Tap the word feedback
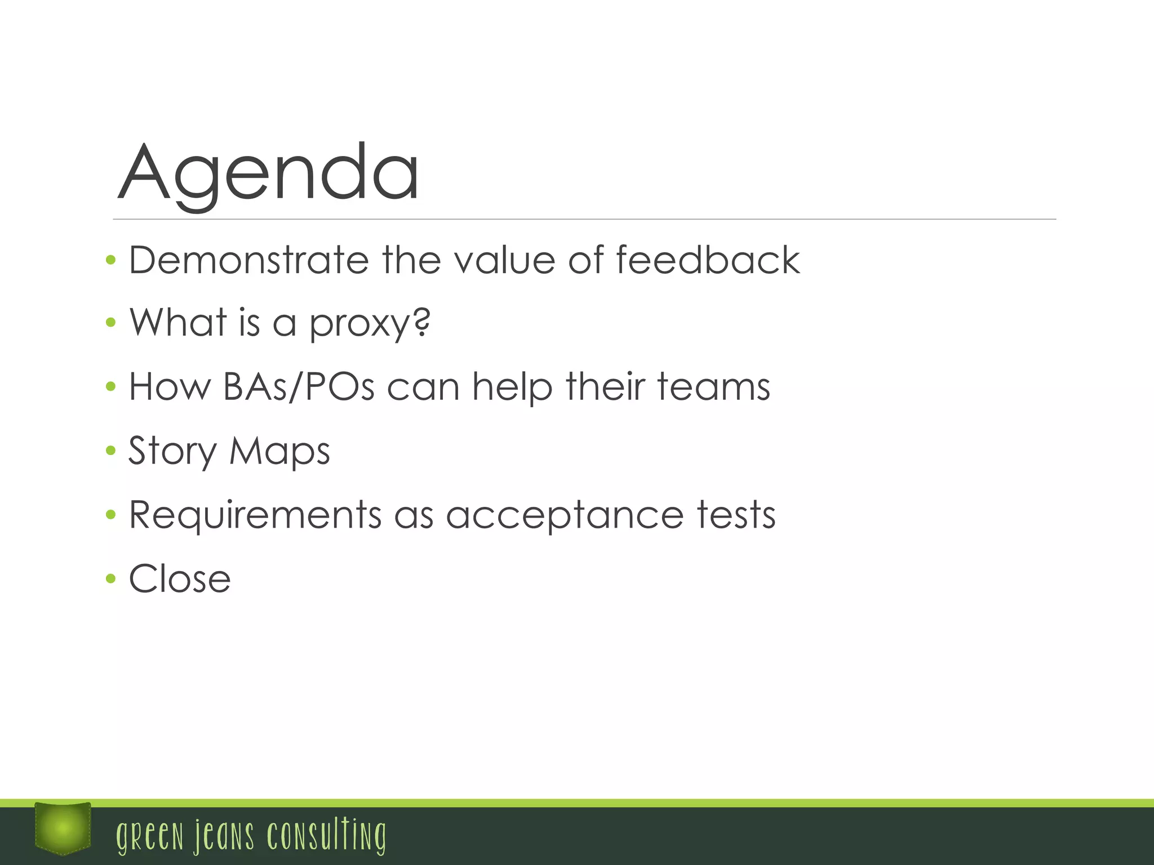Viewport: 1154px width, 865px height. click(708, 260)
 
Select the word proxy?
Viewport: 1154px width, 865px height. click(370, 324)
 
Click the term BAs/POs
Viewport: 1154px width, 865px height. click(299, 387)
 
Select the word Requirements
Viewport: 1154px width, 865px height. click(255, 516)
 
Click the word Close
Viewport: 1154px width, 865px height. click(180, 579)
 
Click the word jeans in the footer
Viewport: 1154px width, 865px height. click(224, 836)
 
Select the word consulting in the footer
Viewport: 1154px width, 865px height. click(327, 836)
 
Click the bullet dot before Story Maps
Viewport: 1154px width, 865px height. click(110, 451)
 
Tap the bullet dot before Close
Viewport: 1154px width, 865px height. click(110, 578)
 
